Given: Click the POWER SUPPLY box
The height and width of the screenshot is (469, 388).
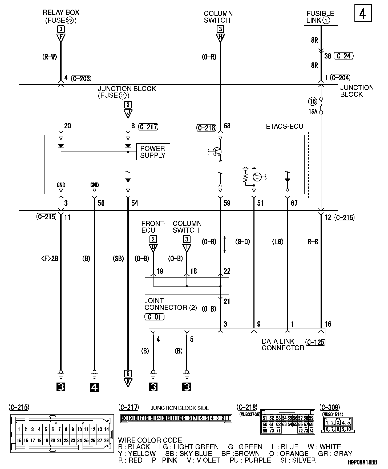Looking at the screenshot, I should pos(153,152).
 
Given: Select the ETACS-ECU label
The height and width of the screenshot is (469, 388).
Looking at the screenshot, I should pos(285,126).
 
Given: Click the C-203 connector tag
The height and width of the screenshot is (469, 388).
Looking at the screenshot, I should pos(81,78).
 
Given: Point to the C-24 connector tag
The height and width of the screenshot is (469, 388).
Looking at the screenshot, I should pos(344,56).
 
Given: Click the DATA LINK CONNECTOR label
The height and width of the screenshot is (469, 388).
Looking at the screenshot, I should pos(283,345).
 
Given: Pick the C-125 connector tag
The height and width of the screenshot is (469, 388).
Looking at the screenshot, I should pos(316,342).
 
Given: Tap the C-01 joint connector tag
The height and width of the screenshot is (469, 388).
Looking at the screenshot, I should pos(154,317).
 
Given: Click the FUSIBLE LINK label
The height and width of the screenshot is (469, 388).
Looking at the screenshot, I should pos(320,17).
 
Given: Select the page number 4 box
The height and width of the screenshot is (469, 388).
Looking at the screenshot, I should pos(363,13).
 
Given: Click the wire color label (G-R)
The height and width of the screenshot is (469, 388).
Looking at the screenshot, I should pos(209,57).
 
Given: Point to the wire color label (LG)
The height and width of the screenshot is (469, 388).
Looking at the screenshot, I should pos(278,242).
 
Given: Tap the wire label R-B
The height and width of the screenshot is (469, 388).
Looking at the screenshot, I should pos(313,242).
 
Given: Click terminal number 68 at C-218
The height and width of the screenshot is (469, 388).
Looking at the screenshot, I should pos(227,126).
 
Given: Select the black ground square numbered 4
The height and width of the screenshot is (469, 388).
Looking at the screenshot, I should pos(94,387).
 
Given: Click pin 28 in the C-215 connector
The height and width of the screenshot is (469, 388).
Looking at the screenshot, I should pos(106,440).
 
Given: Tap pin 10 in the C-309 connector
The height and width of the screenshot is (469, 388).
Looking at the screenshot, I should pos(349,429).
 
